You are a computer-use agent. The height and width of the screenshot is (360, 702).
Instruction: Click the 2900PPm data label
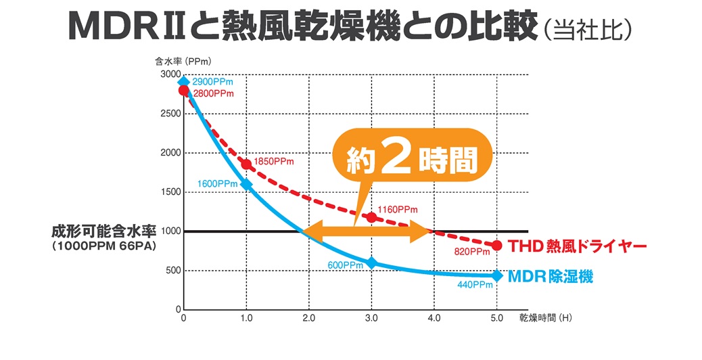pos(212,82)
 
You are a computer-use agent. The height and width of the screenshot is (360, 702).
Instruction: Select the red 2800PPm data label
pos(214,93)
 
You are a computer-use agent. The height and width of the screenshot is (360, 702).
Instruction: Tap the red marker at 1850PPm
pos(246,164)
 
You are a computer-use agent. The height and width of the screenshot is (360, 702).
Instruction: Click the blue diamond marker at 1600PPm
pos(246,184)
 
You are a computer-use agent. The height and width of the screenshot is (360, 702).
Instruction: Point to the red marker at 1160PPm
pos(371,217)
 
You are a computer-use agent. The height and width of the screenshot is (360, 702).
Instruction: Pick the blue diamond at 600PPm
pos(371,263)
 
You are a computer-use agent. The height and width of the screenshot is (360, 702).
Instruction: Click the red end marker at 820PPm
pos(497,245)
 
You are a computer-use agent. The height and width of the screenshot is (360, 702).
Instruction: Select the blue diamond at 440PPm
pos(497,275)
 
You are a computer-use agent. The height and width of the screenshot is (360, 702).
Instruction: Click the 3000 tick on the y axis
pos(170,74)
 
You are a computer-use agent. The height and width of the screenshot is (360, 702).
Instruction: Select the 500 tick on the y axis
pos(173,271)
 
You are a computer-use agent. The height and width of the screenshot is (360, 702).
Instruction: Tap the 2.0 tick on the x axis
pos(309,317)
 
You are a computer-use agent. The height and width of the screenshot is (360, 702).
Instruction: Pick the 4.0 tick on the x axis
pos(434,317)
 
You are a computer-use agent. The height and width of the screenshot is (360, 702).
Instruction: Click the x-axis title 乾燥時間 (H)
pos(546,317)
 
